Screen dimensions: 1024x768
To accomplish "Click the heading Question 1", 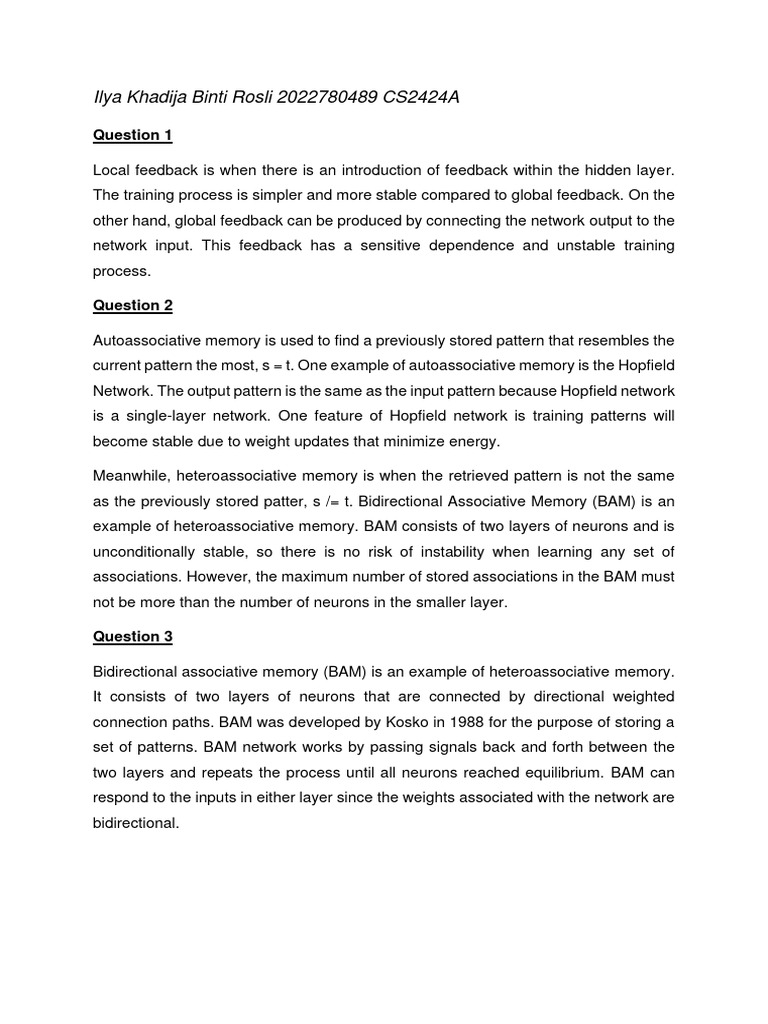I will (x=126, y=135).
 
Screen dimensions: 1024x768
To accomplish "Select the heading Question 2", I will (x=126, y=305).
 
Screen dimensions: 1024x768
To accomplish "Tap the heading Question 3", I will (x=126, y=636).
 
